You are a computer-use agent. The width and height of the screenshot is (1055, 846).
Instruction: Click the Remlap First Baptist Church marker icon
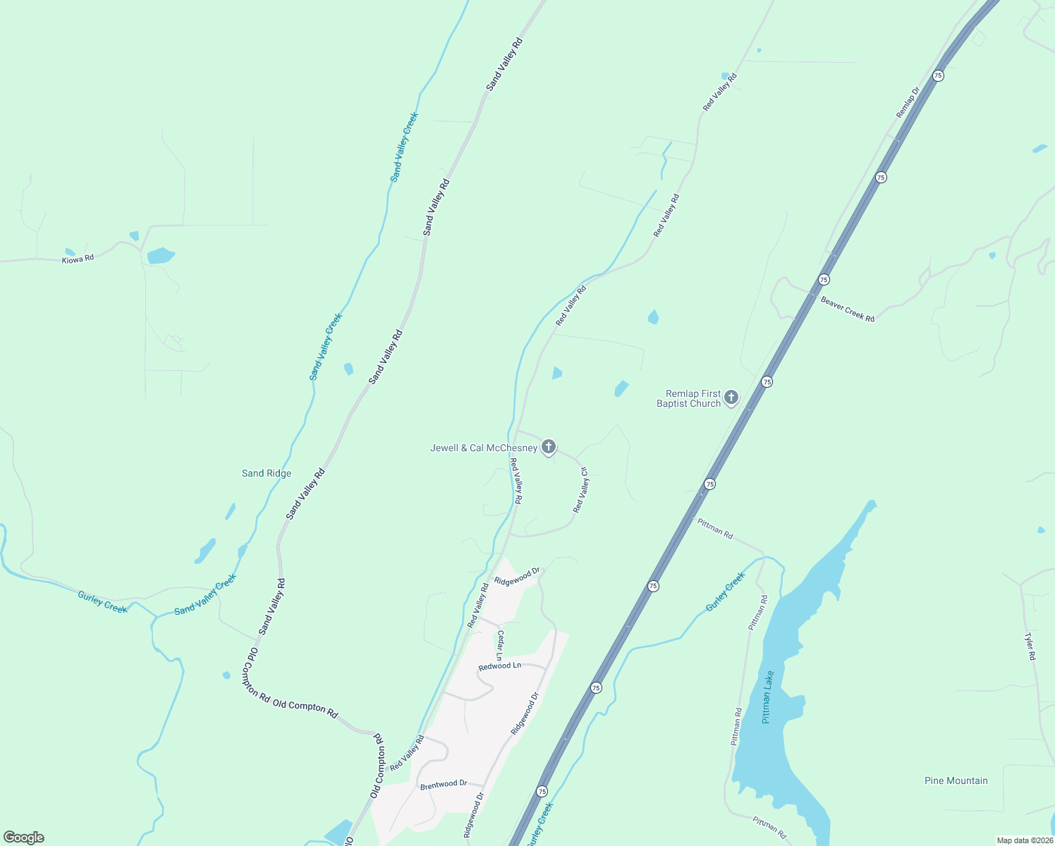[731, 398]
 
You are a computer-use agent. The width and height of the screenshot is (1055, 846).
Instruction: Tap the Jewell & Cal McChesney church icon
[549, 447]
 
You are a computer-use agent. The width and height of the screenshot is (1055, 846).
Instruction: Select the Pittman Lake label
[768, 697]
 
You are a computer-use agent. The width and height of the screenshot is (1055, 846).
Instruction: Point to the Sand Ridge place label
[267, 473]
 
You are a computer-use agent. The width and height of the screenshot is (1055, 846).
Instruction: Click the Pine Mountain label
[956, 780]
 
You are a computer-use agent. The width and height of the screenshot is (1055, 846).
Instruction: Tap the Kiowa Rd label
[78, 259]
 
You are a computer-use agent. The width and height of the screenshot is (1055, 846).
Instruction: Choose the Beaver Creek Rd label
[848, 309]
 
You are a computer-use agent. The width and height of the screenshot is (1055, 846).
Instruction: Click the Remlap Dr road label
[908, 103]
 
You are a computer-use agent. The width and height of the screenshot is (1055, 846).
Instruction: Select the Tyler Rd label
[1030, 646]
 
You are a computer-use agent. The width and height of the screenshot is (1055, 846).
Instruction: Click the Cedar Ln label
[500, 645]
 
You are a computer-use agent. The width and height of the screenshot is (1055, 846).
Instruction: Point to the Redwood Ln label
[499, 666]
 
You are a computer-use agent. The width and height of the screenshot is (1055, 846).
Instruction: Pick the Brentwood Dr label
[443, 785]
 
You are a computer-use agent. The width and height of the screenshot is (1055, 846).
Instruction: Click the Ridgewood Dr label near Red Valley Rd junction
[517, 577]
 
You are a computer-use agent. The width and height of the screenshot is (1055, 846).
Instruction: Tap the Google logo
[24, 838]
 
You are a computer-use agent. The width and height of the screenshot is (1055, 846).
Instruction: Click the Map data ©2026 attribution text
[1025, 840]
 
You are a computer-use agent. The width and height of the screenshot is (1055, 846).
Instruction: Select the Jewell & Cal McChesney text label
[484, 448]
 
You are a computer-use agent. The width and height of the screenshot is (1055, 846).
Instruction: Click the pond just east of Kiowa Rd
[161, 255]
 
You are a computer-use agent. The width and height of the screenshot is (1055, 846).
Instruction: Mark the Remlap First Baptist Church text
[688, 398]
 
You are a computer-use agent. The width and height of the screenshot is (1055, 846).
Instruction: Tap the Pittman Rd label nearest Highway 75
[715, 529]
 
